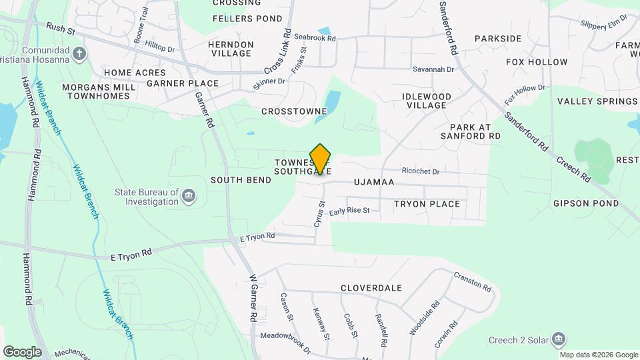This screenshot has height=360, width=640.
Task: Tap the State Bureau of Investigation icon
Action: pyautogui.click(x=189, y=196)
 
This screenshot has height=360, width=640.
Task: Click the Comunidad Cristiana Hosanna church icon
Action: pyautogui.click(x=80, y=53)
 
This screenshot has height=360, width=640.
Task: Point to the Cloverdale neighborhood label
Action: pyautogui.click(x=371, y=288)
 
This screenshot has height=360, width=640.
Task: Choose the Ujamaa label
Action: pyautogui.click(x=374, y=182)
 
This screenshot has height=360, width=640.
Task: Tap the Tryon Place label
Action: pyautogui.click(x=427, y=204)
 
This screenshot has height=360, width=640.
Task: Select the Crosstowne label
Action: pyautogui.click(x=294, y=111)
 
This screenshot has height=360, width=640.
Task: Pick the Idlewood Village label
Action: pyautogui.click(x=427, y=101)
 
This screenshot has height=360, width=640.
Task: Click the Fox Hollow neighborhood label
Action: pyautogui.click(x=537, y=62)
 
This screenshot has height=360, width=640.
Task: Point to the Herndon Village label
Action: pyautogui.click(x=231, y=49)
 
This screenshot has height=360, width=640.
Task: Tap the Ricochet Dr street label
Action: pyautogui.click(x=421, y=171)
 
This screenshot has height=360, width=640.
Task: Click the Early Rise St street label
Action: pyautogui.click(x=353, y=211)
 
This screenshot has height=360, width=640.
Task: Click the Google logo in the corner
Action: pyautogui.click(x=22, y=351)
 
